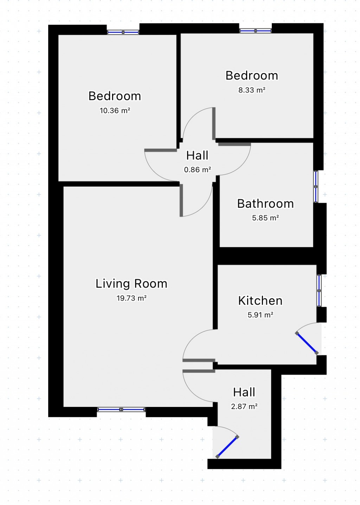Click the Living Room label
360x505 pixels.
(131, 284)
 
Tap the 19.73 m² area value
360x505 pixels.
(131, 298)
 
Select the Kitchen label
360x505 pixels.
(260, 301)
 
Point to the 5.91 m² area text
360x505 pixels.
(261, 315)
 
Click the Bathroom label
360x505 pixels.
(265, 203)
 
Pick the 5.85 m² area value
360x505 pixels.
(265, 218)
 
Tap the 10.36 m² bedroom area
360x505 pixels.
(115, 111)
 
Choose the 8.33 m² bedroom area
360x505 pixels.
(252, 90)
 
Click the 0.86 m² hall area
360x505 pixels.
(198, 169)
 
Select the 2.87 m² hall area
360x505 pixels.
(244, 407)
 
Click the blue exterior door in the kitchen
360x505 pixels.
(307, 343)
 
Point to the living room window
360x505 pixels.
(121, 409)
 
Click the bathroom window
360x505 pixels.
(316, 187)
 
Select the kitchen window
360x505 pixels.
(319, 291)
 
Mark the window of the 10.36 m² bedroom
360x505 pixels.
(123, 32)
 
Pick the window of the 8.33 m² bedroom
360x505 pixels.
(255, 31)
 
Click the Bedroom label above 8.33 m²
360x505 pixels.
(252, 76)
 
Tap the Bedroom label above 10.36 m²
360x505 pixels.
(115, 96)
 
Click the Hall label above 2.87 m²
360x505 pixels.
(244, 392)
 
